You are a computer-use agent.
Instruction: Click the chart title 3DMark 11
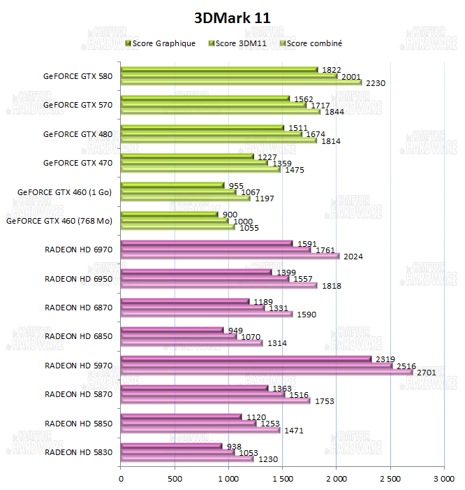232,17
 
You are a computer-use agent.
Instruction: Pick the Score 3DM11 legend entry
238,43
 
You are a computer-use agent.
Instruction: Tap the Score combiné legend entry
313,43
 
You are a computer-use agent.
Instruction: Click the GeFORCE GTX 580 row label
77,76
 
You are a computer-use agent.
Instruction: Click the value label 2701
426,373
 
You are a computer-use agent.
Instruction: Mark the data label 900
230,213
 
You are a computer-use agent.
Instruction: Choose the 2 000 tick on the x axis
337,479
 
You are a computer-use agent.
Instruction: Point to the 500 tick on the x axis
175,479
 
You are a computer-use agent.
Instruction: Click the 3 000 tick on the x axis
444,479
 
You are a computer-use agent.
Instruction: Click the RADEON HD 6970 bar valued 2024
230,257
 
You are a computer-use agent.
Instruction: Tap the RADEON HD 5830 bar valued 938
171,446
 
